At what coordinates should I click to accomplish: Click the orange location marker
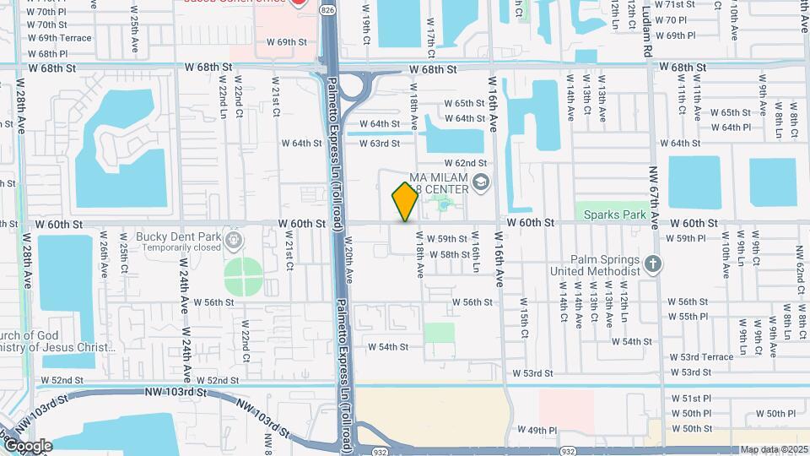[x=406, y=202]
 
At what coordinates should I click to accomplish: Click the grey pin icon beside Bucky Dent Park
[x=235, y=242]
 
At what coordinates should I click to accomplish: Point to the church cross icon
[x=652, y=263]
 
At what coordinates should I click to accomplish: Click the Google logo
[x=27, y=446]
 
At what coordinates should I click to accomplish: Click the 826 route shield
[x=327, y=8]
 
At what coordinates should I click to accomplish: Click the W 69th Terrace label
[x=59, y=38]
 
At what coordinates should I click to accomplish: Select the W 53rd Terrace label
[x=702, y=357]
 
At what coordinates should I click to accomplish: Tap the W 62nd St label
[x=466, y=163]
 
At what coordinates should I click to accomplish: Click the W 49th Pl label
[x=537, y=431]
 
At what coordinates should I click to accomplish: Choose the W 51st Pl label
[x=692, y=398]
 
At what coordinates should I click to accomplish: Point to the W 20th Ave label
[x=348, y=263]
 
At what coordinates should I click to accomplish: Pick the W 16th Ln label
[x=477, y=252]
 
